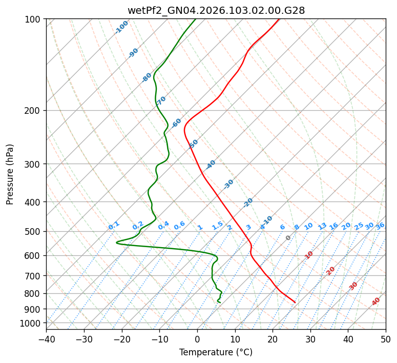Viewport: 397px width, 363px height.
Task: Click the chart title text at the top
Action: (216, 10)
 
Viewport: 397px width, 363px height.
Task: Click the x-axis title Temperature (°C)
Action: (216, 352)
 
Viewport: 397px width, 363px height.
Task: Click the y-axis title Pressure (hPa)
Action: (10, 174)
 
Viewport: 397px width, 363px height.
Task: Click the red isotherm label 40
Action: (376, 301)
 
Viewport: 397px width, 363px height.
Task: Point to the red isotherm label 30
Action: (353, 286)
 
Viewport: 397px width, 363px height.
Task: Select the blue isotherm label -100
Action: (122, 27)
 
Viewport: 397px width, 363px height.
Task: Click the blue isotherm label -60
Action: (177, 123)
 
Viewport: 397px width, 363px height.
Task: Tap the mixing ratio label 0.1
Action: (114, 225)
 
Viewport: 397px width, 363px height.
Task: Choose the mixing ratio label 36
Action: (380, 226)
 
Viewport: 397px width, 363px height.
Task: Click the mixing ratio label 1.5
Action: (217, 225)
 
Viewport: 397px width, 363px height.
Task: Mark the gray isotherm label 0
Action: (288, 238)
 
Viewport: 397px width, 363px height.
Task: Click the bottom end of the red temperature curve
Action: (295, 302)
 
